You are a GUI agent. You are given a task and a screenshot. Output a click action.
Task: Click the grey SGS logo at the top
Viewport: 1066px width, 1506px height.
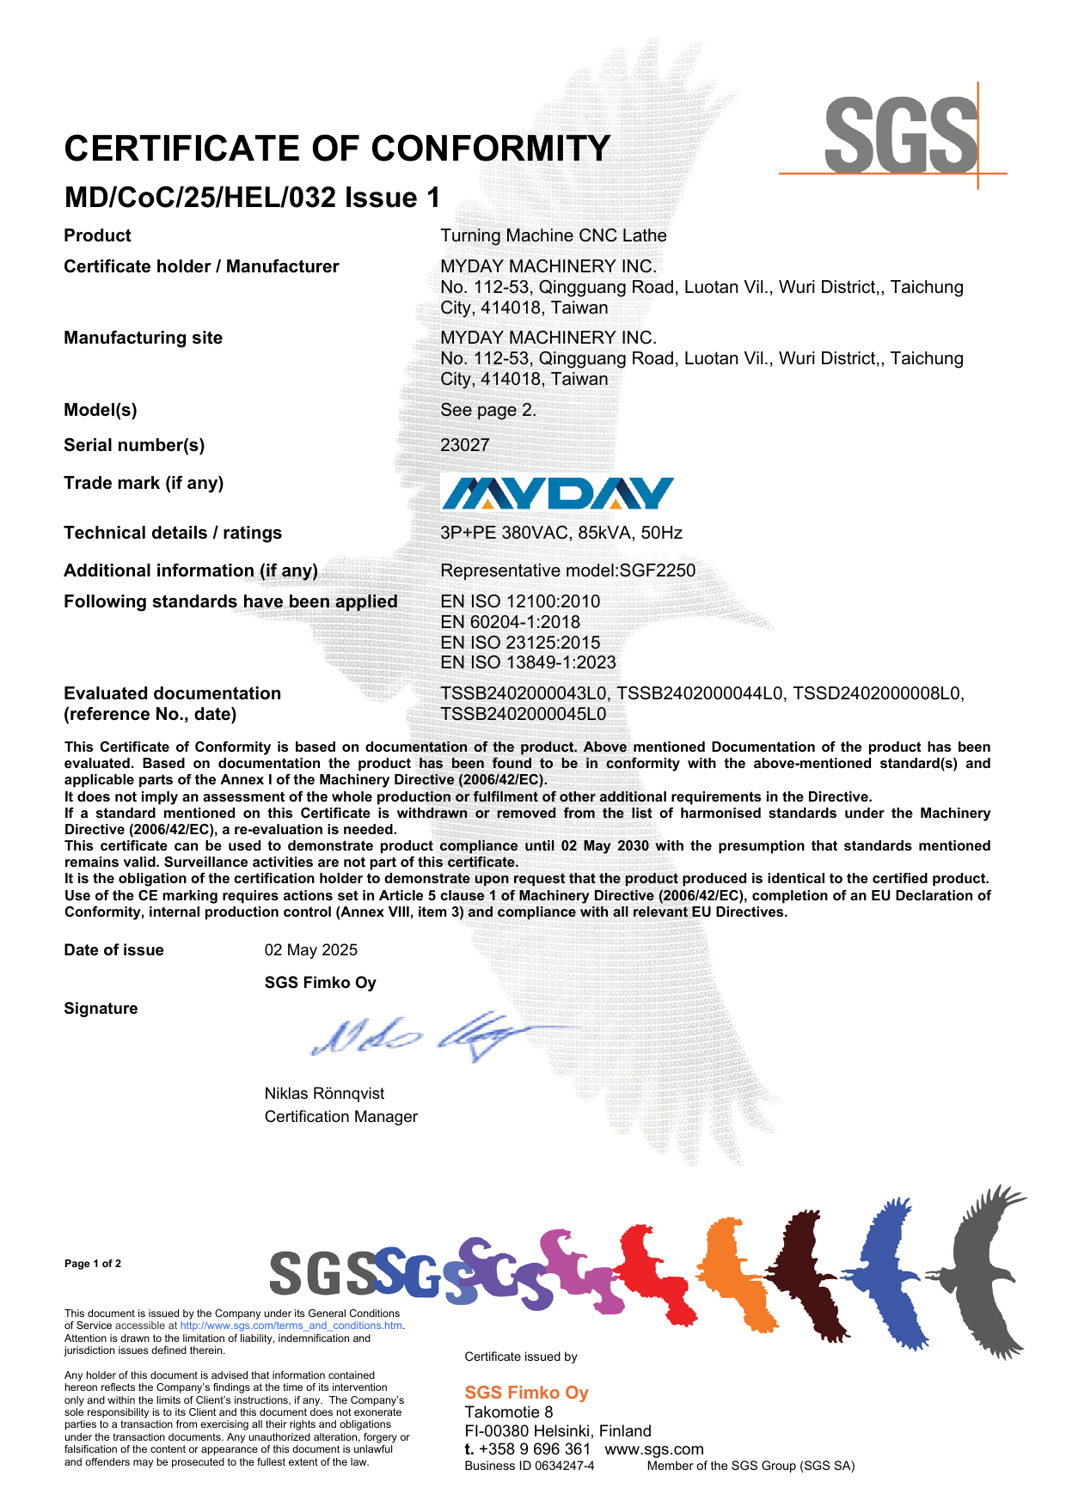click(x=900, y=136)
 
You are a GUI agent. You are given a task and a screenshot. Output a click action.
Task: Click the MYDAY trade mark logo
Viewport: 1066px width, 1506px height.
click(x=557, y=494)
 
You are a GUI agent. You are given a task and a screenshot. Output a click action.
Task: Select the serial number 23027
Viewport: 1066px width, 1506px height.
click(x=465, y=445)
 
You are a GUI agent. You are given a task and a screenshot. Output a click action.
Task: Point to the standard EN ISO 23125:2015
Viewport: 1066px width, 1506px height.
click(x=520, y=643)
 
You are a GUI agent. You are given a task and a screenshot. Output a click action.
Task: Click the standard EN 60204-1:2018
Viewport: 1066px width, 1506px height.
click(x=510, y=622)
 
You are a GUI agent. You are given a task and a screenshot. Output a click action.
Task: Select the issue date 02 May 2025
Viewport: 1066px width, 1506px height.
click(x=311, y=950)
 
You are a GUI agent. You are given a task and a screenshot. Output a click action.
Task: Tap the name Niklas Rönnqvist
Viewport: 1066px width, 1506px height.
click(x=324, y=1094)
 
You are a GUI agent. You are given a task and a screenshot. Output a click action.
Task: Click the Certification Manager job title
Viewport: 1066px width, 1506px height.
click(x=341, y=1117)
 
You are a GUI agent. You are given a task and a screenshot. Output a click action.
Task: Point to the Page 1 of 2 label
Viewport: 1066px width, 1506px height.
click(x=93, y=1264)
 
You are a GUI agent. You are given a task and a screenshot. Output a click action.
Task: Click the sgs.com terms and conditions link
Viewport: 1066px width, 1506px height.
click(x=291, y=1326)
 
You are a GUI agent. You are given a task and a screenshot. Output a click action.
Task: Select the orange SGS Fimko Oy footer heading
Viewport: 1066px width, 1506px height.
click(x=526, y=1393)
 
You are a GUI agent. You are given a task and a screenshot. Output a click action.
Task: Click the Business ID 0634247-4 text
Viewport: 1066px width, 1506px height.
click(x=530, y=1466)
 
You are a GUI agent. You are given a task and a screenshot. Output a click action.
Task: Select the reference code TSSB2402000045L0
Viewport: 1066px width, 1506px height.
click(x=523, y=714)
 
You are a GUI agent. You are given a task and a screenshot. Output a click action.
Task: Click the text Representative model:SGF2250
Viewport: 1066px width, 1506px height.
click(x=567, y=570)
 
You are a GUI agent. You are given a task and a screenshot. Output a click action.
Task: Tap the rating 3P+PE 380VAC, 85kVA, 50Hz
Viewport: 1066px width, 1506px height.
click(x=561, y=533)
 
